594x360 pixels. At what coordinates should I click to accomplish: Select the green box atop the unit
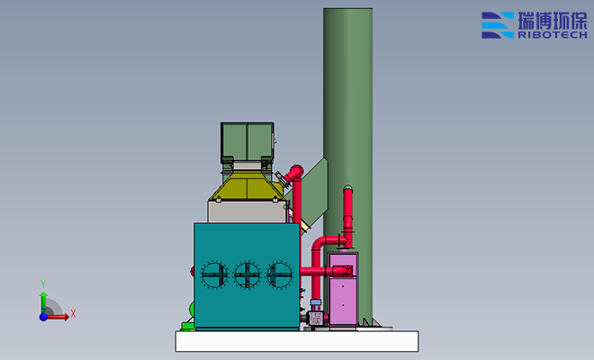point(247,142)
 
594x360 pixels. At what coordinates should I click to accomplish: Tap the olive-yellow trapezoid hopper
point(247,185)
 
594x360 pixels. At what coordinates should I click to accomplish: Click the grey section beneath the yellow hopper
point(247,211)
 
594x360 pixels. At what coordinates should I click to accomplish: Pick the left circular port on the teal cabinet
point(214,275)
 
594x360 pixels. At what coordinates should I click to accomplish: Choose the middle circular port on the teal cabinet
point(247,275)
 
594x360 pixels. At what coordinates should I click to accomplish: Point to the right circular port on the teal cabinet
point(280,275)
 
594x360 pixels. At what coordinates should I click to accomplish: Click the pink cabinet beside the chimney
point(343,289)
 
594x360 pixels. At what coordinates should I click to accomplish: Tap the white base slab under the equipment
point(297,341)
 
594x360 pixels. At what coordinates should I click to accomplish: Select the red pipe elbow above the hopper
point(294,173)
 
